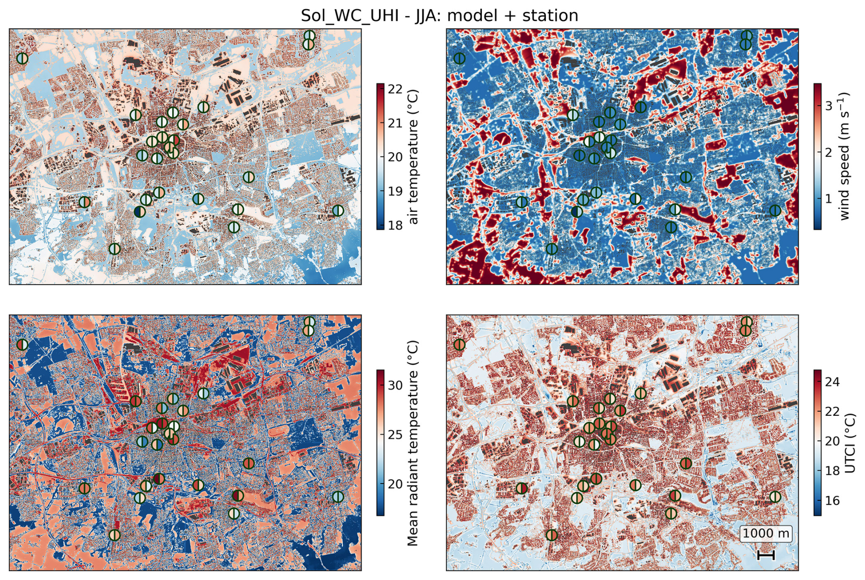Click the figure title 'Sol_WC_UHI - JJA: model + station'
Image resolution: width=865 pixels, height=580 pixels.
pos(439,16)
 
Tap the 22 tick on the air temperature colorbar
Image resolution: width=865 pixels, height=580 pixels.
pos(395,89)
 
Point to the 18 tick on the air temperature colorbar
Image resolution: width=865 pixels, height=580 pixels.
pos(395,225)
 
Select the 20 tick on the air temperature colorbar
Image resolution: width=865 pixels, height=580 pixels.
pos(395,157)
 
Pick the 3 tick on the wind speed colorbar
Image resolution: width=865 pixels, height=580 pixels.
pos(828,106)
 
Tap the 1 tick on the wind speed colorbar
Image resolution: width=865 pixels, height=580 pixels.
pos(828,199)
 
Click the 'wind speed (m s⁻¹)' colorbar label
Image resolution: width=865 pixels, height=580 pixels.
pos(844,156)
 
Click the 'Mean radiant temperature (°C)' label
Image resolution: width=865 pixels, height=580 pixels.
pos(413,443)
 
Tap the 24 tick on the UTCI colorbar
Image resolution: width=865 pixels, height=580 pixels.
pos(832,381)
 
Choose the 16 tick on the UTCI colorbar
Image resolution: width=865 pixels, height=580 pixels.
pos(832,500)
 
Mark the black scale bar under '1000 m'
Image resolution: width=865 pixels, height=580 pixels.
pos(766,555)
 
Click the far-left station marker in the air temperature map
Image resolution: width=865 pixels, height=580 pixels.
pos(22,58)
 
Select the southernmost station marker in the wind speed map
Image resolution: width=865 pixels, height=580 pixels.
pos(552,249)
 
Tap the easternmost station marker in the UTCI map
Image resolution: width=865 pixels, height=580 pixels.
pos(775,497)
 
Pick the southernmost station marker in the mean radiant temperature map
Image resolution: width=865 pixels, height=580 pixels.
pos(115,535)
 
